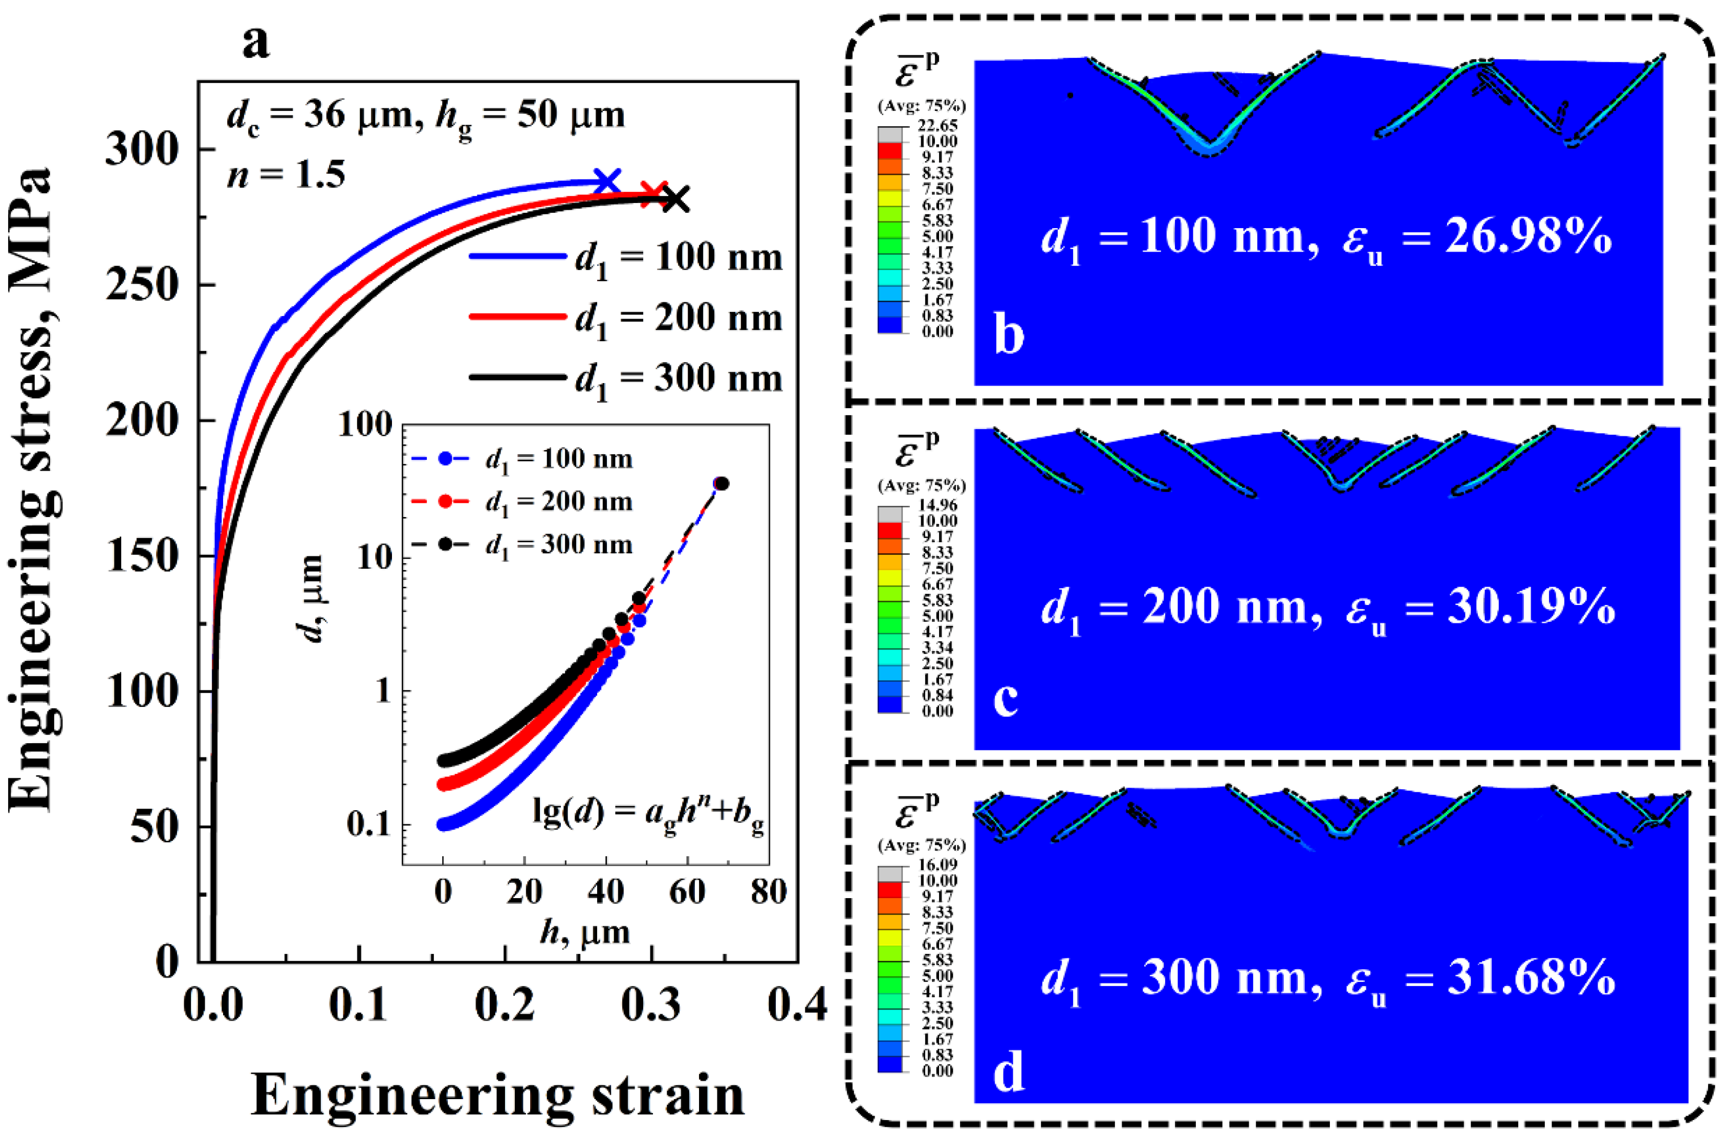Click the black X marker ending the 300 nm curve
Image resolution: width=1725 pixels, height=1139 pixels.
click(x=676, y=198)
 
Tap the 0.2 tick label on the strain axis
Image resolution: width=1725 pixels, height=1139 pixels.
click(x=505, y=1004)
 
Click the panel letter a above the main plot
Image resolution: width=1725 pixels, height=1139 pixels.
click(x=256, y=42)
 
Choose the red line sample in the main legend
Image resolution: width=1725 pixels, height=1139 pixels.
click(x=517, y=317)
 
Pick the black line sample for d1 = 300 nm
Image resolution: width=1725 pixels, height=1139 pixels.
click(x=517, y=377)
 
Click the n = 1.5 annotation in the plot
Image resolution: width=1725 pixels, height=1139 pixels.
click(x=286, y=175)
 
